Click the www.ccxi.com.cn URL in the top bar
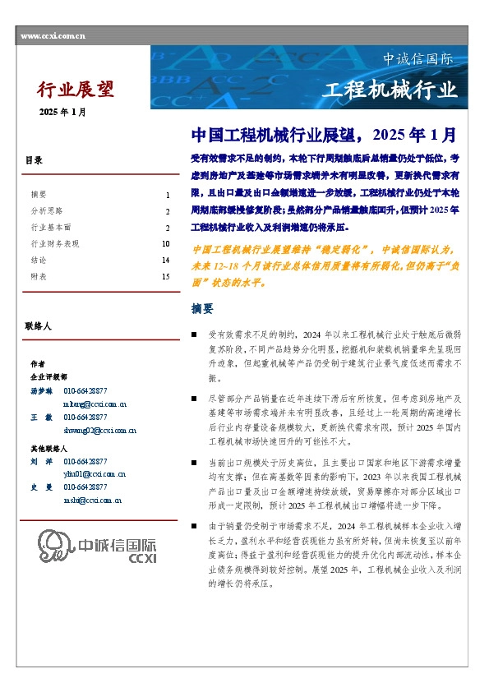[x=52, y=37]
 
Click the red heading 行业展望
[x=76, y=90]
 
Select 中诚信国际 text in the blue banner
[x=417, y=60]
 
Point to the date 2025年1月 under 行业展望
[x=62, y=112]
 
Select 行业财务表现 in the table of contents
[x=55, y=244]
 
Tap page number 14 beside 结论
[x=165, y=261]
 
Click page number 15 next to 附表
[x=165, y=277]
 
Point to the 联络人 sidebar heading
[x=39, y=326]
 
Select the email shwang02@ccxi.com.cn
[x=99, y=430]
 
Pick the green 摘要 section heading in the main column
[x=202, y=309]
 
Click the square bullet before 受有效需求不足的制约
[x=193, y=335]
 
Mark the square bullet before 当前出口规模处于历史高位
[x=193, y=464]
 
